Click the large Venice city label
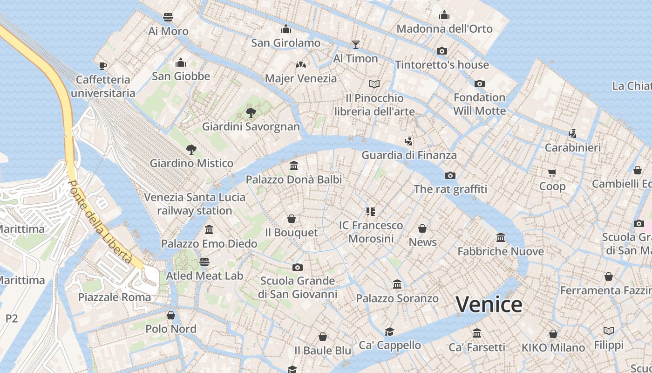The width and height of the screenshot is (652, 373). pyautogui.click(x=489, y=304)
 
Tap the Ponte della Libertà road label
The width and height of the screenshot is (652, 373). pyautogui.click(x=100, y=221)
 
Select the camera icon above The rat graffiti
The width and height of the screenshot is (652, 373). pyautogui.click(x=450, y=175)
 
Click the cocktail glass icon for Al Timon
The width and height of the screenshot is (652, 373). pyautogui.click(x=356, y=44)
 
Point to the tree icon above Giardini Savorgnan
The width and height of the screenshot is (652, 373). pyautogui.click(x=251, y=112)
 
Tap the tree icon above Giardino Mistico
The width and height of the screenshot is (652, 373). pyautogui.click(x=191, y=149)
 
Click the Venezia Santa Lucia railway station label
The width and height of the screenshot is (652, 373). pyautogui.click(x=195, y=204)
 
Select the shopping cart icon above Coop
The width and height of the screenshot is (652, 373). pyautogui.click(x=552, y=173)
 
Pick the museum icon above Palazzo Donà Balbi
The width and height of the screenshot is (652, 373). pyautogui.click(x=294, y=166)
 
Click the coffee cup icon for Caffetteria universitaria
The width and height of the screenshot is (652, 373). pyautogui.click(x=103, y=65)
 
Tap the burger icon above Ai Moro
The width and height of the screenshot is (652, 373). pyautogui.click(x=168, y=17)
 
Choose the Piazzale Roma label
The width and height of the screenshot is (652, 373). pyautogui.click(x=115, y=297)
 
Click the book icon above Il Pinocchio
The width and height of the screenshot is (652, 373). pyautogui.click(x=374, y=84)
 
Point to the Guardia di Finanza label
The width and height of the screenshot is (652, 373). pyautogui.click(x=409, y=155)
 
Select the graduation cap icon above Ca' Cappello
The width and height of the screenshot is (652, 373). pyautogui.click(x=389, y=331)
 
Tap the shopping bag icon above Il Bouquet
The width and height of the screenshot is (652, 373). pyautogui.click(x=292, y=218)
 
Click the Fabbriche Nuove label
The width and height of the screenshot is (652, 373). pyautogui.click(x=501, y=251)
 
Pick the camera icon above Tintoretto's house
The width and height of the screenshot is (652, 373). pyautogui.click(x=442, y=51)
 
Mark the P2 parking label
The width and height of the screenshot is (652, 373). pyautogui.click(x=12, y=318)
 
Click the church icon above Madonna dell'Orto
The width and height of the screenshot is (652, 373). pyautogui.click(x=444, y=15)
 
